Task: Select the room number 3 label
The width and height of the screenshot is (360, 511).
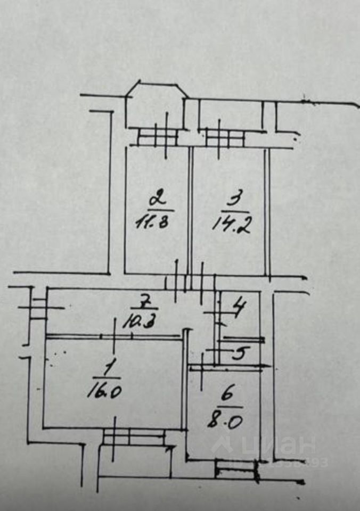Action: pos(233,201)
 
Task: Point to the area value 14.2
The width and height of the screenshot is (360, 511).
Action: pos(232,224)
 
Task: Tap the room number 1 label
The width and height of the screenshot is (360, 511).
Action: pos(110,367)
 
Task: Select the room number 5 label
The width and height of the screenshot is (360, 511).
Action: pos(240,353)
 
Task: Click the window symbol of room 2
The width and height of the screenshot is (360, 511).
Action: pos(157,137)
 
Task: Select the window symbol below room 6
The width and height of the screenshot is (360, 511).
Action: pos(235,470)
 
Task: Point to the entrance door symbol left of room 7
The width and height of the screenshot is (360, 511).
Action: pos(39,308)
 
